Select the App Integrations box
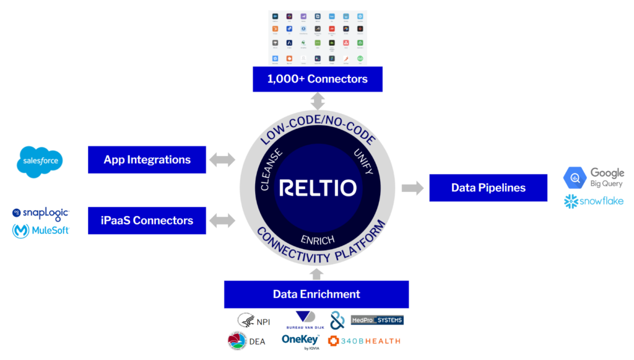click(x=147, y=160)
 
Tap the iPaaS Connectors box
click(x=147, y=221)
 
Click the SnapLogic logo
click(x=41, y=213)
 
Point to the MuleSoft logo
click(x=41, y=231)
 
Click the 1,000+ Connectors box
click(x=317, y=79)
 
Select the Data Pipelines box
click(x=488, y=188)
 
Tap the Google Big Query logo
click(x=593, y=177)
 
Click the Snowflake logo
click(x=593, y=201)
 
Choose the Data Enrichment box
click(x=316, y=294)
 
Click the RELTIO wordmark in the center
click(x=317, y=188)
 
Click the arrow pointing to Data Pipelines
click(x=412, y=188)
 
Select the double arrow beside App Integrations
click(x=223, y=160)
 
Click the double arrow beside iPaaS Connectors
click(x=223, y=221)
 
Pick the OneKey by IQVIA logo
click(x=301, y=341)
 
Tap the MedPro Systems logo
click(x=377, y=320)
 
